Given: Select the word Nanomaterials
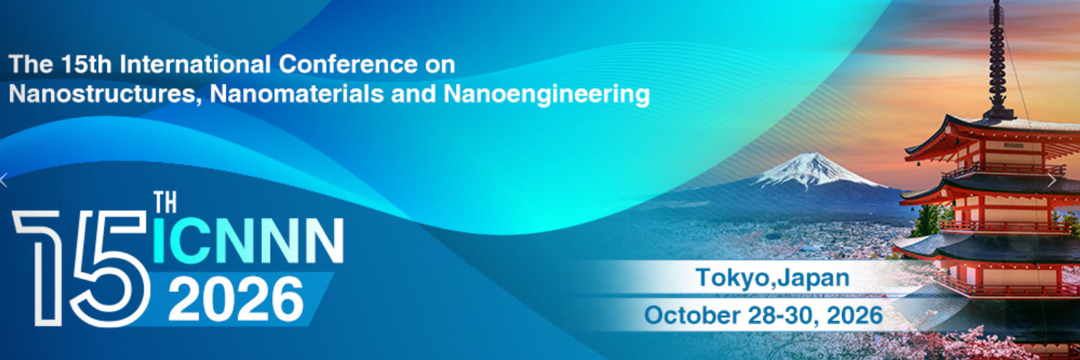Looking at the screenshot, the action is pos(297,94).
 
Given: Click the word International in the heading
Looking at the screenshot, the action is pos(195,65).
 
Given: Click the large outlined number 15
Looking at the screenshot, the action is pos(81,268).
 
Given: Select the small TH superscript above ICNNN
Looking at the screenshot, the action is pos(165,203).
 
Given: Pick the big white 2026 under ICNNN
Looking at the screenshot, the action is pos(236,300).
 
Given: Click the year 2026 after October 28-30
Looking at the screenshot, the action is pos(854,315).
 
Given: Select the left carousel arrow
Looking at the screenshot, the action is pos(4,180).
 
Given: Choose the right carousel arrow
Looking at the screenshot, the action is pos(1052,180).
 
